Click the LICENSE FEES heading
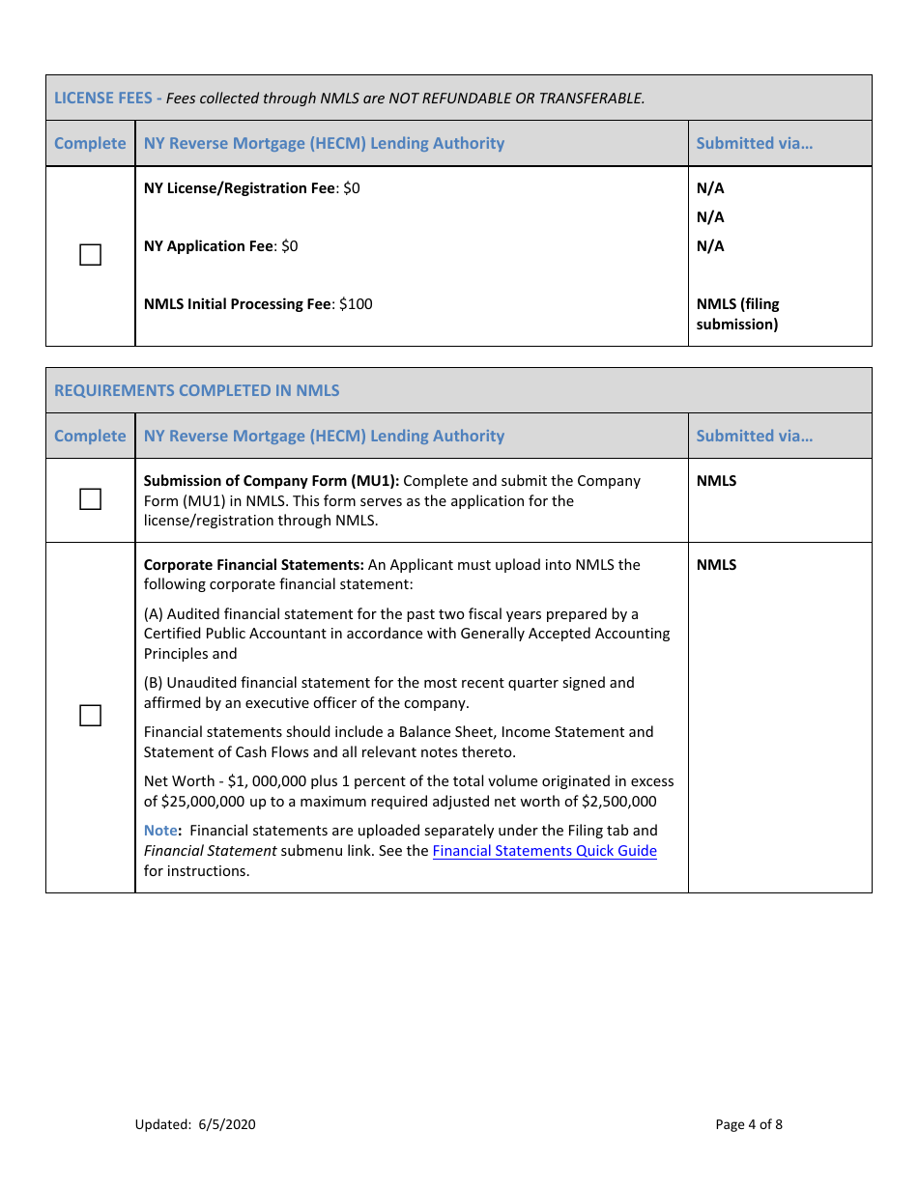[102, 98]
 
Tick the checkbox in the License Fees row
[90, 255]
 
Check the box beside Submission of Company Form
[90, 499]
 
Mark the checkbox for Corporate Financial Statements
[90, 716]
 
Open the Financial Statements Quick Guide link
[544, 851]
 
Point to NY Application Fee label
[209, 246]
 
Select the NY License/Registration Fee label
[239, 188]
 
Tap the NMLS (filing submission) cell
[737, 314]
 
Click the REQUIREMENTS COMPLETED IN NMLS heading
[197, 390]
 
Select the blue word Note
[160, 831]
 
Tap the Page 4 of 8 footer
[749, 1124]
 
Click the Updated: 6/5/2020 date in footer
[195, 1124]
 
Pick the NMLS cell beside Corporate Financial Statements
[716, 565]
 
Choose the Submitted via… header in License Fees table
[754, 143]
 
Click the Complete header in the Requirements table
[90, 436]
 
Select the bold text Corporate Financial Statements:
[254, 565]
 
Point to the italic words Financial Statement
[210, 851]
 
